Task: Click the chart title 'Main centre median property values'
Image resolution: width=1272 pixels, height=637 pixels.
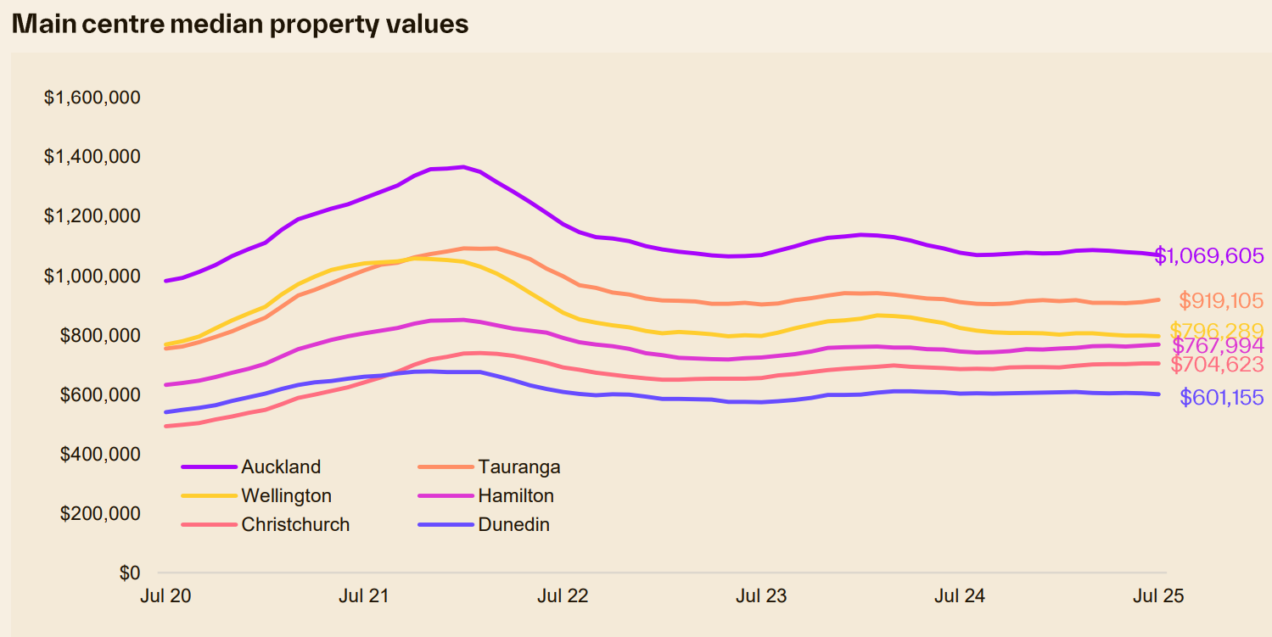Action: (x=240, y=24)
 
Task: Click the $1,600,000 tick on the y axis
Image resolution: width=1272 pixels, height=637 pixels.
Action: (x=92, y=98)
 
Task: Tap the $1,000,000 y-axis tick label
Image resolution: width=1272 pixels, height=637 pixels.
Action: (x=92, y=276)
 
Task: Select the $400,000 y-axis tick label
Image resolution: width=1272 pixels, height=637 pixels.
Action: (x=98, y=454)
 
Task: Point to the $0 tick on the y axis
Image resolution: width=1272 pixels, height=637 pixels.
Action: (x=129, y=573)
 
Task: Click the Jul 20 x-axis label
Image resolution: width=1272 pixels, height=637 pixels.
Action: (x=165, y=595)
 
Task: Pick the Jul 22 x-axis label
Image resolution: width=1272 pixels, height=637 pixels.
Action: (x=563, y=595)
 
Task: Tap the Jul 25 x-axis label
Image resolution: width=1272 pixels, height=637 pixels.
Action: (x=1158, y=595)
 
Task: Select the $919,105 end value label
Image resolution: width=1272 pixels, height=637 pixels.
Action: (x=1221, y=300)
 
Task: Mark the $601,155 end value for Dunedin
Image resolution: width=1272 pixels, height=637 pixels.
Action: (x=1221, y=397)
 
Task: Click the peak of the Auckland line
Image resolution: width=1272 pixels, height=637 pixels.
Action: (x=462, y=167)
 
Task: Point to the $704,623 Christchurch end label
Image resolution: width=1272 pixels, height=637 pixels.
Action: (x=1218, y=365)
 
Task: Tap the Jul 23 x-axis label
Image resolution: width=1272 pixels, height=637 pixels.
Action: (x=761, y=595)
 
